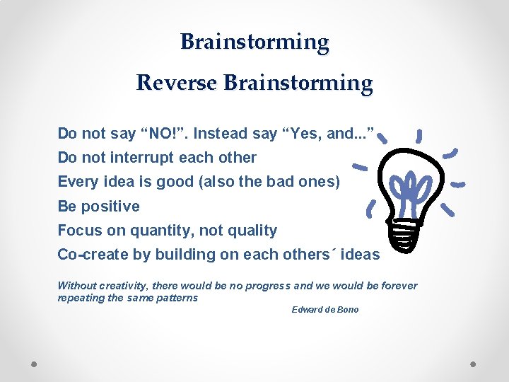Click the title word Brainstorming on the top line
(255, 42)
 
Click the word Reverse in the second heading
(177, 83)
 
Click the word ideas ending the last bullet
(360, 255)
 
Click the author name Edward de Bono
(325, 310)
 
